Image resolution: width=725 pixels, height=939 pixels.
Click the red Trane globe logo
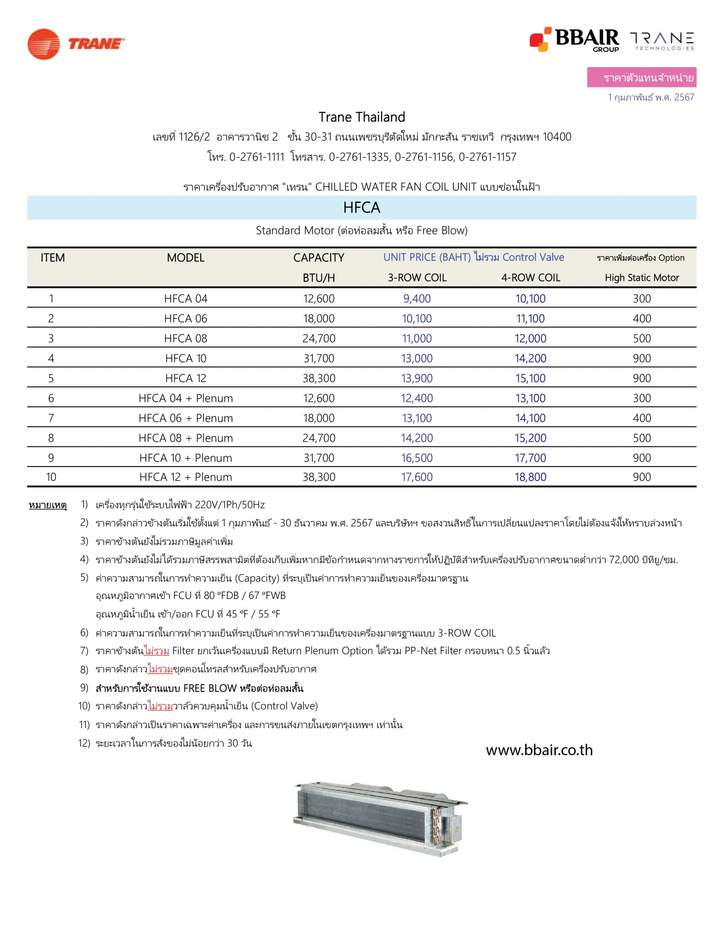(43, 44)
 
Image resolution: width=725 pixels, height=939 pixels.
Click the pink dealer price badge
(641, 77)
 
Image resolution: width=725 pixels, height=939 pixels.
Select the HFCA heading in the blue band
(361, 208)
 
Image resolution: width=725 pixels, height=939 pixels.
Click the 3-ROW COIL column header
(417, 278)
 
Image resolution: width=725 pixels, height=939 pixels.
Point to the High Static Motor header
(642, 278)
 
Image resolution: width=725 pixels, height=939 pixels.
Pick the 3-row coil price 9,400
(416, 298)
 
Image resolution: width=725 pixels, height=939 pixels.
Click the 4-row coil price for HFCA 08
(530, 338)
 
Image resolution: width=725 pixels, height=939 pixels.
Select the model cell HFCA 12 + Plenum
(186, 477)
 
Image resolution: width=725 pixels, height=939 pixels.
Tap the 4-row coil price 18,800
(530, 477)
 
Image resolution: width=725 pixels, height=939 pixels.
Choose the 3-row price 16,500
(416, 458)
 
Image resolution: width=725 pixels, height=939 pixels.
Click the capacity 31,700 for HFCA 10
(319, 358)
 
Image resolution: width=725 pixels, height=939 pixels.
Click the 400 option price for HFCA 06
(642, 319)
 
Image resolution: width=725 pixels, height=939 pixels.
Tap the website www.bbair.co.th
(539, 750)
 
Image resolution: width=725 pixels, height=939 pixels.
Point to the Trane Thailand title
(361, 117)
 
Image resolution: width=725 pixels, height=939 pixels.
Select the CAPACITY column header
(319, 257)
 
